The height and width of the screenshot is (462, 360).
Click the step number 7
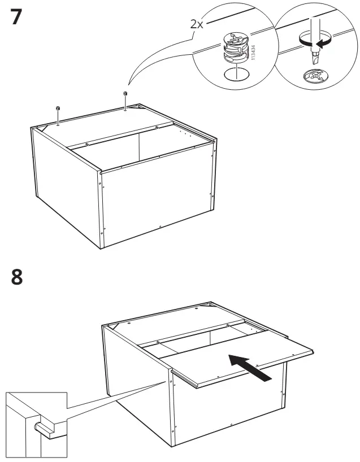(18, 18)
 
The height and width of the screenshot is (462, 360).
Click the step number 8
(18, 277)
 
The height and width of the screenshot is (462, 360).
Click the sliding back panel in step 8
(237, 356)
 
